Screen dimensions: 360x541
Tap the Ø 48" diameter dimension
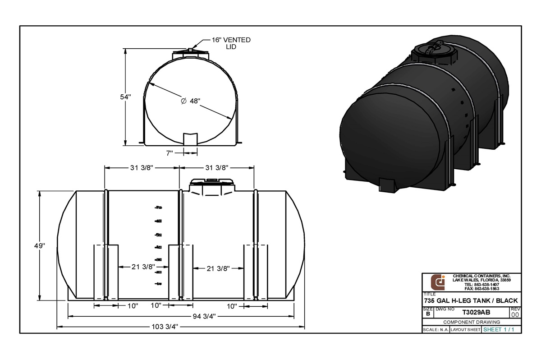click(x=190, y=102)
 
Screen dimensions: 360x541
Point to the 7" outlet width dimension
click(x=170, y=153)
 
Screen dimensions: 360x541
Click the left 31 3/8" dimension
click(x=142, y=168)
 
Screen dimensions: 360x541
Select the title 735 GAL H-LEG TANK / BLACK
click(x=471, y=300)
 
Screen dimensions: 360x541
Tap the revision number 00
click(x=515, y=314)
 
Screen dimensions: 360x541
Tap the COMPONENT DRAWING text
click(x=472, y=322)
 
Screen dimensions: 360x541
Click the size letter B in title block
click(x=427, y=314)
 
